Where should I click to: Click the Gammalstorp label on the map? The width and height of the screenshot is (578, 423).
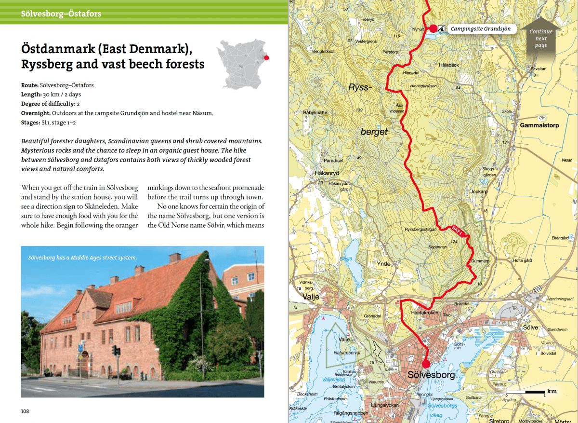[x=539, y=124]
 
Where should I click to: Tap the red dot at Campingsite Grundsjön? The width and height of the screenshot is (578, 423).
[x=433, y=29]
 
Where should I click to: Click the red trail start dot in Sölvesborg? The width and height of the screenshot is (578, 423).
[x=425, y=364]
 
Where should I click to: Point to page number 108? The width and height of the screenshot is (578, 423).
[x=25, y=411]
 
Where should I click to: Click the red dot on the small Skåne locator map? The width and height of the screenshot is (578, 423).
[x=267, y=57]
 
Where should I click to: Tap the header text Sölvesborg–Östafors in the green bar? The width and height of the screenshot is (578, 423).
[x=61, y=14]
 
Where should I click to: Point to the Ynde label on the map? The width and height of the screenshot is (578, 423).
[x=384, y=264]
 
